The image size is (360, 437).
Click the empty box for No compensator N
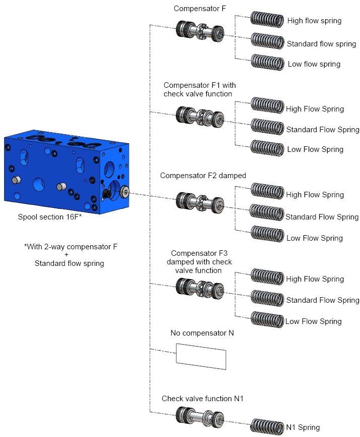[x=201, y=354]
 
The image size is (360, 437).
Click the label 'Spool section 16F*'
[x=49, y=218]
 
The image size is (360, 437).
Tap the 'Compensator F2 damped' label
[x=203, y=176]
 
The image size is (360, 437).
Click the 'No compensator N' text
[x=202, y=333]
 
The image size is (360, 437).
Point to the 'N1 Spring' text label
[x=303, y=427]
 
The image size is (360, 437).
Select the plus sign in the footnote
[x=67, y=255]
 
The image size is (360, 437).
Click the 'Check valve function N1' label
[x=203, y=399]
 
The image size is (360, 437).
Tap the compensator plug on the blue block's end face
[x=123, y=191]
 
